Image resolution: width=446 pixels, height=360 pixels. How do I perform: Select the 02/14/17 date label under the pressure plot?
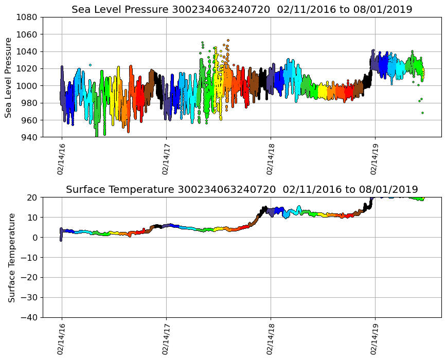[x=166, y=159]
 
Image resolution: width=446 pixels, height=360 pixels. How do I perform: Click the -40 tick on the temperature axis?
[x=28, y=317]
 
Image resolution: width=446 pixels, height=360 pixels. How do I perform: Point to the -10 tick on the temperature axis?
[x=28, y=257]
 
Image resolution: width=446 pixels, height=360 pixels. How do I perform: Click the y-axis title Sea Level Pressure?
[x=9, y=77]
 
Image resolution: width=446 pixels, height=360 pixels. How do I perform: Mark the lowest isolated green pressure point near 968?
[x=422, y=113]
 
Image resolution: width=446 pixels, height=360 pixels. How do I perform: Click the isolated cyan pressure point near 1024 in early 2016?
[x=90, y=65]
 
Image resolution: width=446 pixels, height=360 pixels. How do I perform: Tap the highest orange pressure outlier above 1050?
[x=228, y=40]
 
